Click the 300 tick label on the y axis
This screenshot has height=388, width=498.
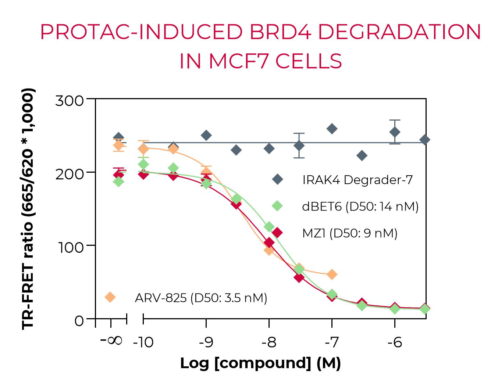click(70, 100)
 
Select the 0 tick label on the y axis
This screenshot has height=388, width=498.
click(79, 321)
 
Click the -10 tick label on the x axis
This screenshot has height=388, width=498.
click(143, 342)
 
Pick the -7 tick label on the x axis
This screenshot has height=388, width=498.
click(332, 342)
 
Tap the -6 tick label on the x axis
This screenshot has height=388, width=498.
click(395, 342)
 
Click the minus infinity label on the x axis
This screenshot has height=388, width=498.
click(111, 340)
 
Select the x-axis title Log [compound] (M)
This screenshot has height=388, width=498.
click(260, 363)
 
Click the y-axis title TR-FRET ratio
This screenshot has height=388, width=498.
click(28, 209)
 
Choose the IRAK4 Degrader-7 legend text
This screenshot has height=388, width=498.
click(358, 180)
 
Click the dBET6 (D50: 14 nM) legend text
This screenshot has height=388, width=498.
click(360, 206)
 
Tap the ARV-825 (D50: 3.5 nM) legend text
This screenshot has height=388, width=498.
click(201, 297)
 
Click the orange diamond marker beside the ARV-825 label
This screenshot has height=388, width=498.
click(110, 297)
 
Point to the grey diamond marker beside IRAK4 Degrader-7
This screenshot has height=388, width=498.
click(277, 180)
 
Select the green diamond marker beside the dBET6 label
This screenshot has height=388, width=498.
click(277, 206)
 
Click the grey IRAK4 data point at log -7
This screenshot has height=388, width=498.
click(332, 129)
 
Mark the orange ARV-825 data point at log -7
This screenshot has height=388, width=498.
click(332, 274)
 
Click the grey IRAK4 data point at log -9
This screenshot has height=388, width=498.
click(206, 135)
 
